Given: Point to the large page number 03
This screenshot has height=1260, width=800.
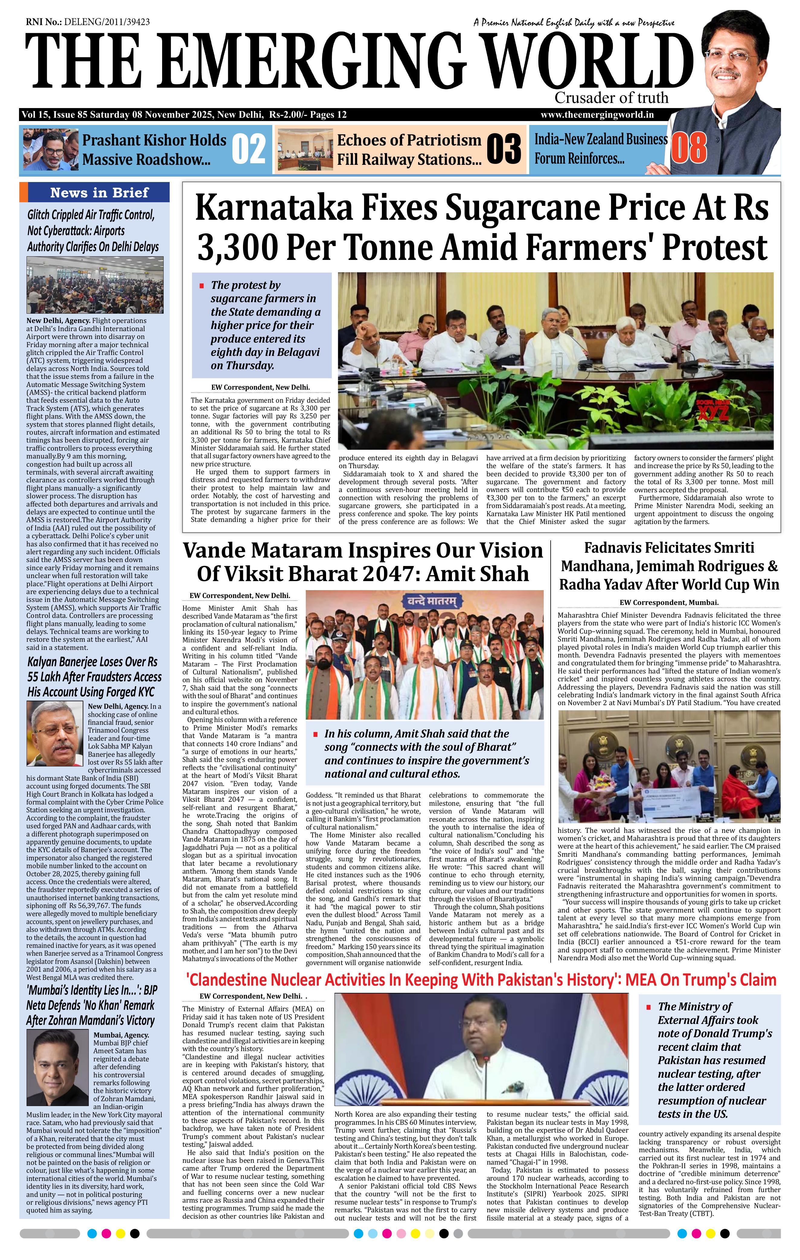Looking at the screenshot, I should (503, 149).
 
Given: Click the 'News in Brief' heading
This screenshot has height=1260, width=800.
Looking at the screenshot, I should (99, 193).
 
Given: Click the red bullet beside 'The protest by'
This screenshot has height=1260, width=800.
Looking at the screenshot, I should (201, 286).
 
